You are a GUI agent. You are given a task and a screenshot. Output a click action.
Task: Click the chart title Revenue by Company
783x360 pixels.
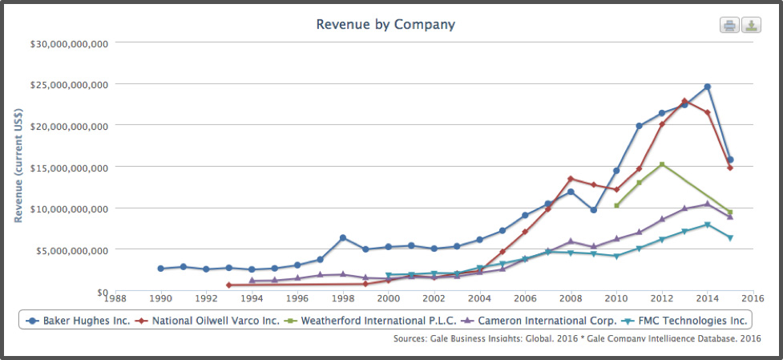coord(385,24)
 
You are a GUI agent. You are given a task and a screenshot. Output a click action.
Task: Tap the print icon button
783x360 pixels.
coord(729,25)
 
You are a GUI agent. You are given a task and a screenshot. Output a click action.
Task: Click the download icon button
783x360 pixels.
coord(751,25)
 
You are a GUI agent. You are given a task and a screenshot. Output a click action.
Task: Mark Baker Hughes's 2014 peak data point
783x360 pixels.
coord(707,87)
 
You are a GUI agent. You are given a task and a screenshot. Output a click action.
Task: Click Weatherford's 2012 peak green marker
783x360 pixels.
coord(662,164)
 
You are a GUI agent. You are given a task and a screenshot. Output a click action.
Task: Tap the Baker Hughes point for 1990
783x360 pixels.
coord(161,269)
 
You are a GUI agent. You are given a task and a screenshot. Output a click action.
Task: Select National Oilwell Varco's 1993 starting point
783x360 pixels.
coord(229,285)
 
